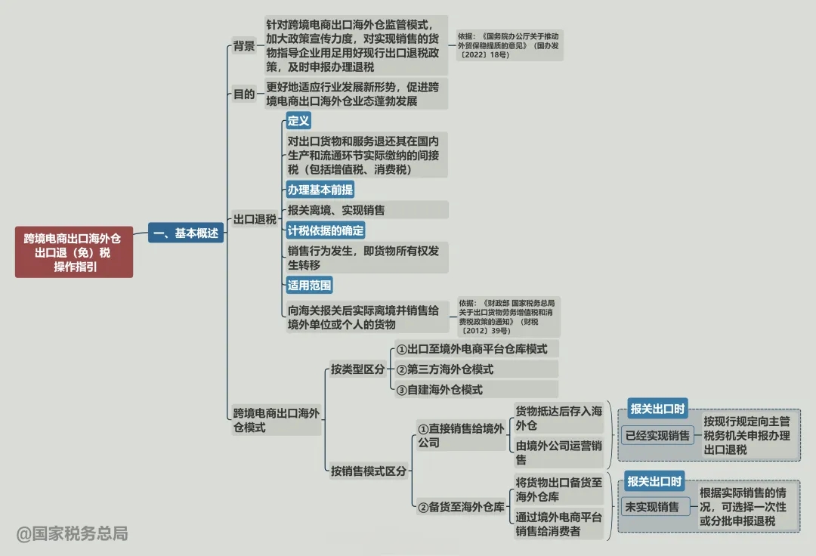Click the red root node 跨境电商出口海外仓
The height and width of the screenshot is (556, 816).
[x=74, y=252]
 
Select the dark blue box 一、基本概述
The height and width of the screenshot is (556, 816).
[x=186, y=233]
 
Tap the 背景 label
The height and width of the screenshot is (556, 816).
[x=243, y=46]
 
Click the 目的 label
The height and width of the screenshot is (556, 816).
[x=243, y=94]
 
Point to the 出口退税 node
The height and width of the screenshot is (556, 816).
[x=255, y=220]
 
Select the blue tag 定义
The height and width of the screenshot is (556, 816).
[x=298, y=121]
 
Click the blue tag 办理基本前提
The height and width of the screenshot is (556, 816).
[x=320, y=190]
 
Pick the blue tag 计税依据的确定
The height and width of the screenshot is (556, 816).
[x=326, y=230]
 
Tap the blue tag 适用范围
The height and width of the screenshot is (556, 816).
[x=309, y=285]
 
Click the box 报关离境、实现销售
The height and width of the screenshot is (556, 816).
[x=367, y=210]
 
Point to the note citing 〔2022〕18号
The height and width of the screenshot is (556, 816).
[x=509, y=45]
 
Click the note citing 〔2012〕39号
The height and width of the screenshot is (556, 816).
[x=508, y=317]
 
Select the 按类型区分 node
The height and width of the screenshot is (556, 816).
[x=357, y=369]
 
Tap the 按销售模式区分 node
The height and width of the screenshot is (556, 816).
[x=369, y=471]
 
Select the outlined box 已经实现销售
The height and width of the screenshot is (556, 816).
[x=657, y=435]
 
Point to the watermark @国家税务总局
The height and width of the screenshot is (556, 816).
[x=72, y=533]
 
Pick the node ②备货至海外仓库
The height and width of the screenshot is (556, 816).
[x=462, y=507]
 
